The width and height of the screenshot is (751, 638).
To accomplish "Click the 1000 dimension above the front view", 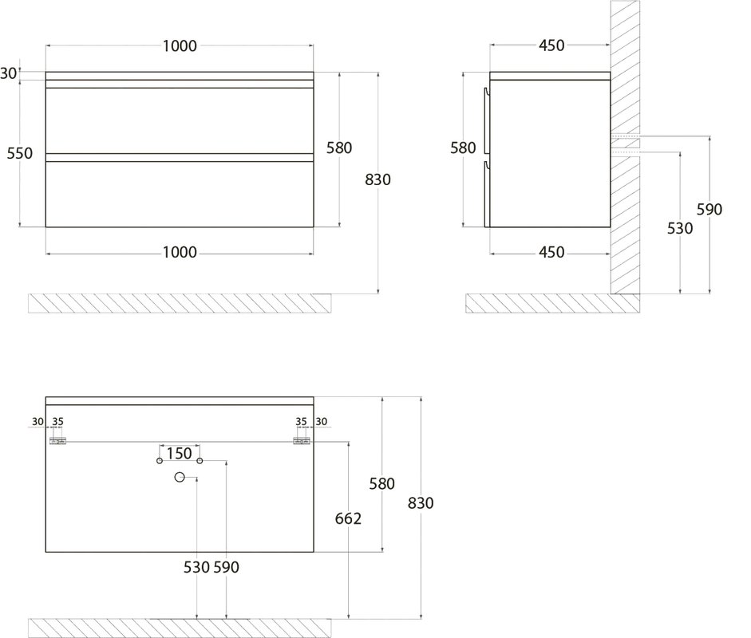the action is point(180,46).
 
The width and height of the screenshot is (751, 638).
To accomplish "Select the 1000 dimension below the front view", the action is point(180,252).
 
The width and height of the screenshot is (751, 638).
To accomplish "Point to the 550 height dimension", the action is point(20,154).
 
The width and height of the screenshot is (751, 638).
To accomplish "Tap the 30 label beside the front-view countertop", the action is point(8,73).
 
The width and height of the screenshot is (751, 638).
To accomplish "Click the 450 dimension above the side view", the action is point(551,45).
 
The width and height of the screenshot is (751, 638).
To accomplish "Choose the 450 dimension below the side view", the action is point(551,252).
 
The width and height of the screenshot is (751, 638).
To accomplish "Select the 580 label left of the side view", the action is point(463,148).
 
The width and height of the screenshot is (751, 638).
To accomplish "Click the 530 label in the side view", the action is point(680,228).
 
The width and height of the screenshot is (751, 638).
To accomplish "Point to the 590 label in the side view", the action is point(709,209).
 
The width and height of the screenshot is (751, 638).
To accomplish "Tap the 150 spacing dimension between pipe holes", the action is point(179,453).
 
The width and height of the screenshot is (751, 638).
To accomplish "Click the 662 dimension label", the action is point(348,518).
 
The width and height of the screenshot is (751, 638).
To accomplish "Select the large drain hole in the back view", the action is point(180,477).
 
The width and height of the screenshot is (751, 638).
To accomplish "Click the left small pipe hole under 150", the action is point(160,460).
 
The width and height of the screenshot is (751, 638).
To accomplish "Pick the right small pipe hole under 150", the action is point(200,460).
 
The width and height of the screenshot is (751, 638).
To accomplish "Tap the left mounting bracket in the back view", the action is point(58,441).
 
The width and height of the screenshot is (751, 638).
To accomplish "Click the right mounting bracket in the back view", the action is point(302,441).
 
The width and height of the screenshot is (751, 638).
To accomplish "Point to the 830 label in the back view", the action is point(421,503).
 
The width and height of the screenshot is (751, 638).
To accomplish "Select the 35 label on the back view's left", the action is point(58,422).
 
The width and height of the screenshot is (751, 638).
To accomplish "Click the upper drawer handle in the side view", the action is point(487,121).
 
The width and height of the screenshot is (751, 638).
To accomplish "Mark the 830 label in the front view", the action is point(378,180).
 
